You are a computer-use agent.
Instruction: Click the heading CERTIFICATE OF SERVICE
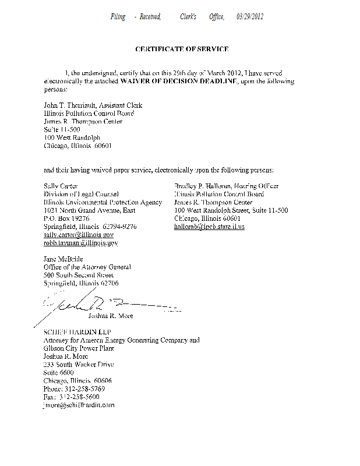[182, 49]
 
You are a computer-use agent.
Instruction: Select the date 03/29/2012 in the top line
[250, 17]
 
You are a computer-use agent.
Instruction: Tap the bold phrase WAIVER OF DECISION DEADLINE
[178, 82]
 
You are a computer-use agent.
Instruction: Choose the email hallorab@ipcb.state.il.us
[209, 226]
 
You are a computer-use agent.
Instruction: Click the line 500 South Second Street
[79, 275]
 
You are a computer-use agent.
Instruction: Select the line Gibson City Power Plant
[79, 348]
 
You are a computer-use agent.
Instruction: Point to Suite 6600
[59, 372]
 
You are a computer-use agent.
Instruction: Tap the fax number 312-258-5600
[79, 396]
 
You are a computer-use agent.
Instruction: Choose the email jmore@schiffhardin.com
[79, 404]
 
